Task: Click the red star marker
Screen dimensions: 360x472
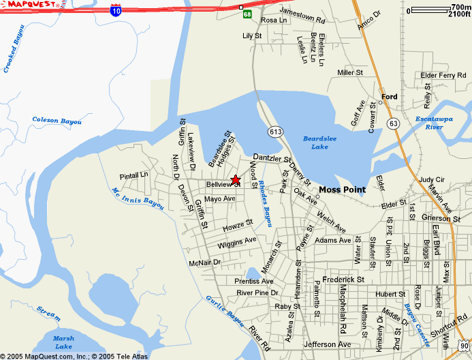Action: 235,180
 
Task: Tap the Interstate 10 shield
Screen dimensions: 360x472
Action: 116,10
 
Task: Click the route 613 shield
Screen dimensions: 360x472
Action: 275,132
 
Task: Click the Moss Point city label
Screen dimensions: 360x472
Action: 342,190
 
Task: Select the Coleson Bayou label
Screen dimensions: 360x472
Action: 57,121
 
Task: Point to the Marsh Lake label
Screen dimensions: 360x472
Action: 63,342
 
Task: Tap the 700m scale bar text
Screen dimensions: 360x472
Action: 460,7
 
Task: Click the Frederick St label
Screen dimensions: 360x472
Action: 343,280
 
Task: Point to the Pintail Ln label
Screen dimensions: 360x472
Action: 133,175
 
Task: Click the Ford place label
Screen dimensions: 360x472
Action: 389,97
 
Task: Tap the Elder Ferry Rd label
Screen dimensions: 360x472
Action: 443,75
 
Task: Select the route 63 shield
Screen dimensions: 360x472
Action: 393,123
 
